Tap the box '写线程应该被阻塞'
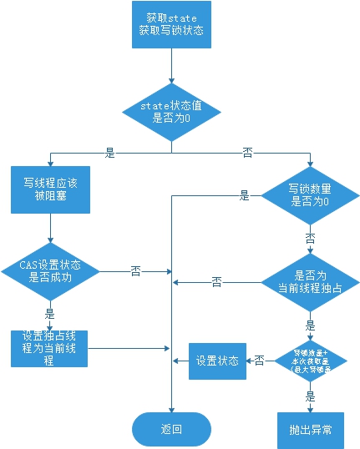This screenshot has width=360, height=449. point(51,189)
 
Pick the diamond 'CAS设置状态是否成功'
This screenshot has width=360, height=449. point(51,271)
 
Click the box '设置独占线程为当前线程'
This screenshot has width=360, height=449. point(51,348)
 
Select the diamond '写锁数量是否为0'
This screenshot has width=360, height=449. point(309,195)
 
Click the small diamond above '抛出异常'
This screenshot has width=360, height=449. point(311,361)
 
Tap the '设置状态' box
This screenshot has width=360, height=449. point(216,361)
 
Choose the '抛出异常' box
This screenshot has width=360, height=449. point(311,429)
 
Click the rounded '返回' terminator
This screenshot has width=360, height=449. point(171,429)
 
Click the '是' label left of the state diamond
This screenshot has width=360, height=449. point(109,154)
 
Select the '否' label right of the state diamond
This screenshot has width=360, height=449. point(247,154)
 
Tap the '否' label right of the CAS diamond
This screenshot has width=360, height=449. point(135,271)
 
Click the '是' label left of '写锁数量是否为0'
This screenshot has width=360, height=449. point(245,195)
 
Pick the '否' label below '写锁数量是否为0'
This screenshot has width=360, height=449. point(310,238)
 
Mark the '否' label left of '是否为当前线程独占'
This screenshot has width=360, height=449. point(216,282)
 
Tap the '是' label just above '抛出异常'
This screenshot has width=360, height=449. point(311,398)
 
